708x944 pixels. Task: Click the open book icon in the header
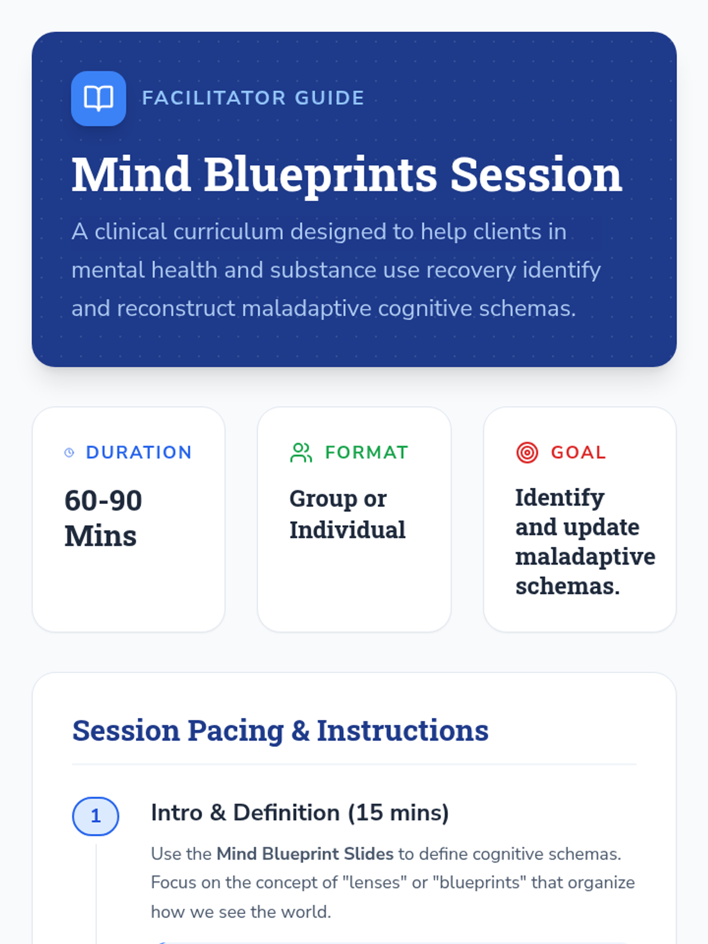point(99,99)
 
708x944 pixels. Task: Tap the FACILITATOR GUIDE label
point(253,98)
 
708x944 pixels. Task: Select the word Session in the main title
point(536,174)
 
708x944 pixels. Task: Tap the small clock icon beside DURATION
point(69,453)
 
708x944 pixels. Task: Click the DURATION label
point(139,453)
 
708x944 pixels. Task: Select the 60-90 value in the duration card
point(103,500)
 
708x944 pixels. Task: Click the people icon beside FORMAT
point(301,453)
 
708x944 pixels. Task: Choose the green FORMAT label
point(366,453)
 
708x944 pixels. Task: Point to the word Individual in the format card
point(348,529)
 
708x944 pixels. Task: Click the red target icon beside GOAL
point(527,453)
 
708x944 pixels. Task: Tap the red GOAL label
point(579,453)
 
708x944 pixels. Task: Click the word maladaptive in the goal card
point(585,557)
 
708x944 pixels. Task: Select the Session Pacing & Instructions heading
point(280,730)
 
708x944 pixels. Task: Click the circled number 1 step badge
point(96,816)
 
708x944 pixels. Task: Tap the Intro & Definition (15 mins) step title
point(300,813)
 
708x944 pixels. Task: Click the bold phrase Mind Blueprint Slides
point(305,854)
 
